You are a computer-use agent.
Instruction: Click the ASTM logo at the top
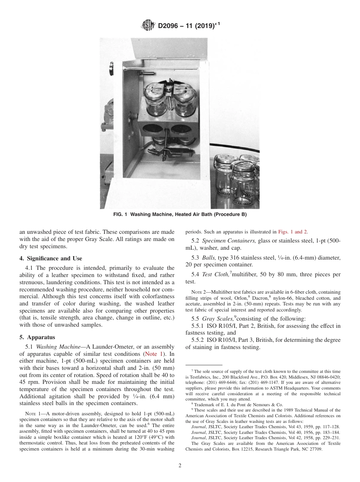[148, 26]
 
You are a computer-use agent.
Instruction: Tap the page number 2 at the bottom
[180, 466]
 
